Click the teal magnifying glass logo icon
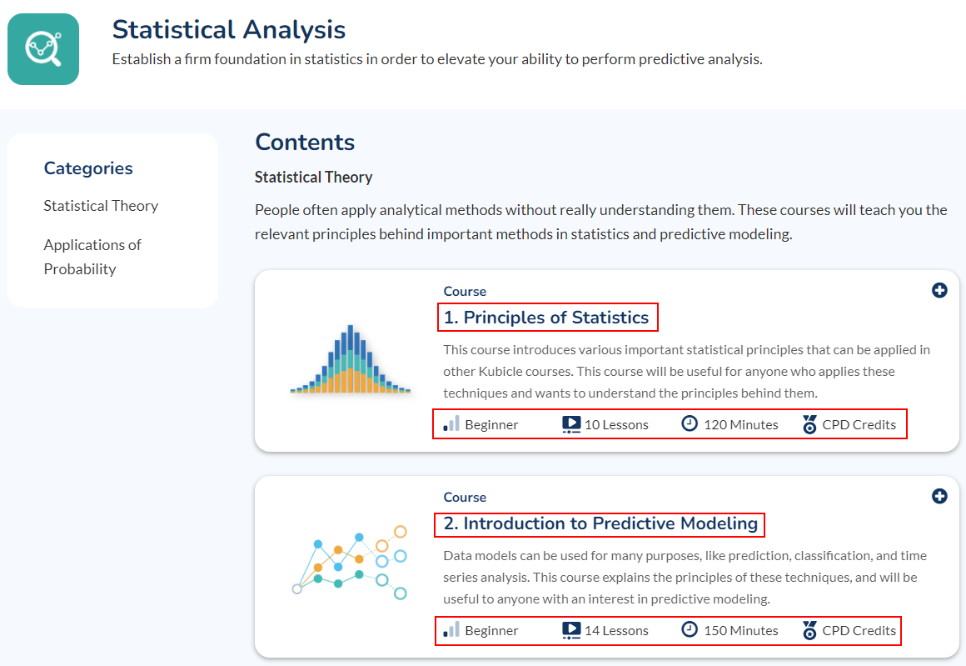point(43,49)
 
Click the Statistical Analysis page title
point(228,30)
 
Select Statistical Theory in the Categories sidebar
point(101,205)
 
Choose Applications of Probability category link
point(92,257)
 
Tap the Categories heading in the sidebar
point(88,168)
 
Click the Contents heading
point(305,142)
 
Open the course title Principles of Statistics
point(546,317)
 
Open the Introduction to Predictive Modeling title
point(600,523)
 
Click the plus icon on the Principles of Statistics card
point(939,290)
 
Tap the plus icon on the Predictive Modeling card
point(939,496)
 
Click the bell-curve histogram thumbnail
point(351,359)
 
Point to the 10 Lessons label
point(616,425)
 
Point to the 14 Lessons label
point(616,631)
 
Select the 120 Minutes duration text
point(741,425)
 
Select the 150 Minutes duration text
point(741,631)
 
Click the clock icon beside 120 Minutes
point(690,423)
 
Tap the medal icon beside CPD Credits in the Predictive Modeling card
point(809,630)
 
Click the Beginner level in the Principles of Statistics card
point(491,425)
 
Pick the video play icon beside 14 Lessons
point(571,630)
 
